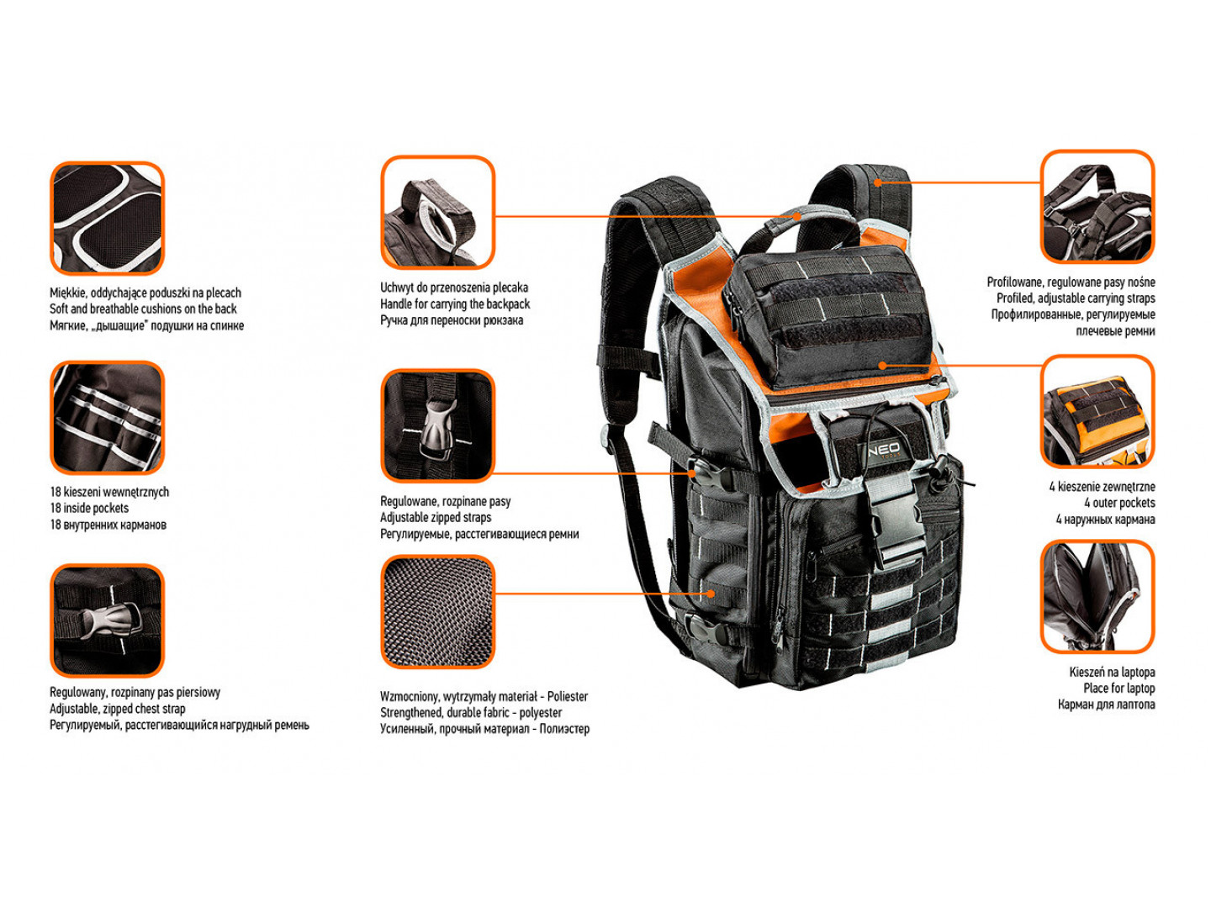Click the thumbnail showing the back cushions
[107, 218]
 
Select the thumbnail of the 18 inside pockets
[107, 417]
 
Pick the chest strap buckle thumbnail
[107, 620]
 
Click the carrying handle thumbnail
[437, 212]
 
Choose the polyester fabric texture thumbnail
[437, 612]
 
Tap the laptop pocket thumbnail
[1097, 597]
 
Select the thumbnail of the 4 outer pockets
[1097, 411]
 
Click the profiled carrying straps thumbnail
[1097, 206]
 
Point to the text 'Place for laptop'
[1118, 688]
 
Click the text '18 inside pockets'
[89, 508]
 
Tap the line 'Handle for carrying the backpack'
[455, 304]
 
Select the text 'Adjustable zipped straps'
[436, 517]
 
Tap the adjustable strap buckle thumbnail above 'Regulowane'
[437, 425]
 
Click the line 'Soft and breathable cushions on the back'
[143, 309]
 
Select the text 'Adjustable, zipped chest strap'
[118, 709]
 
